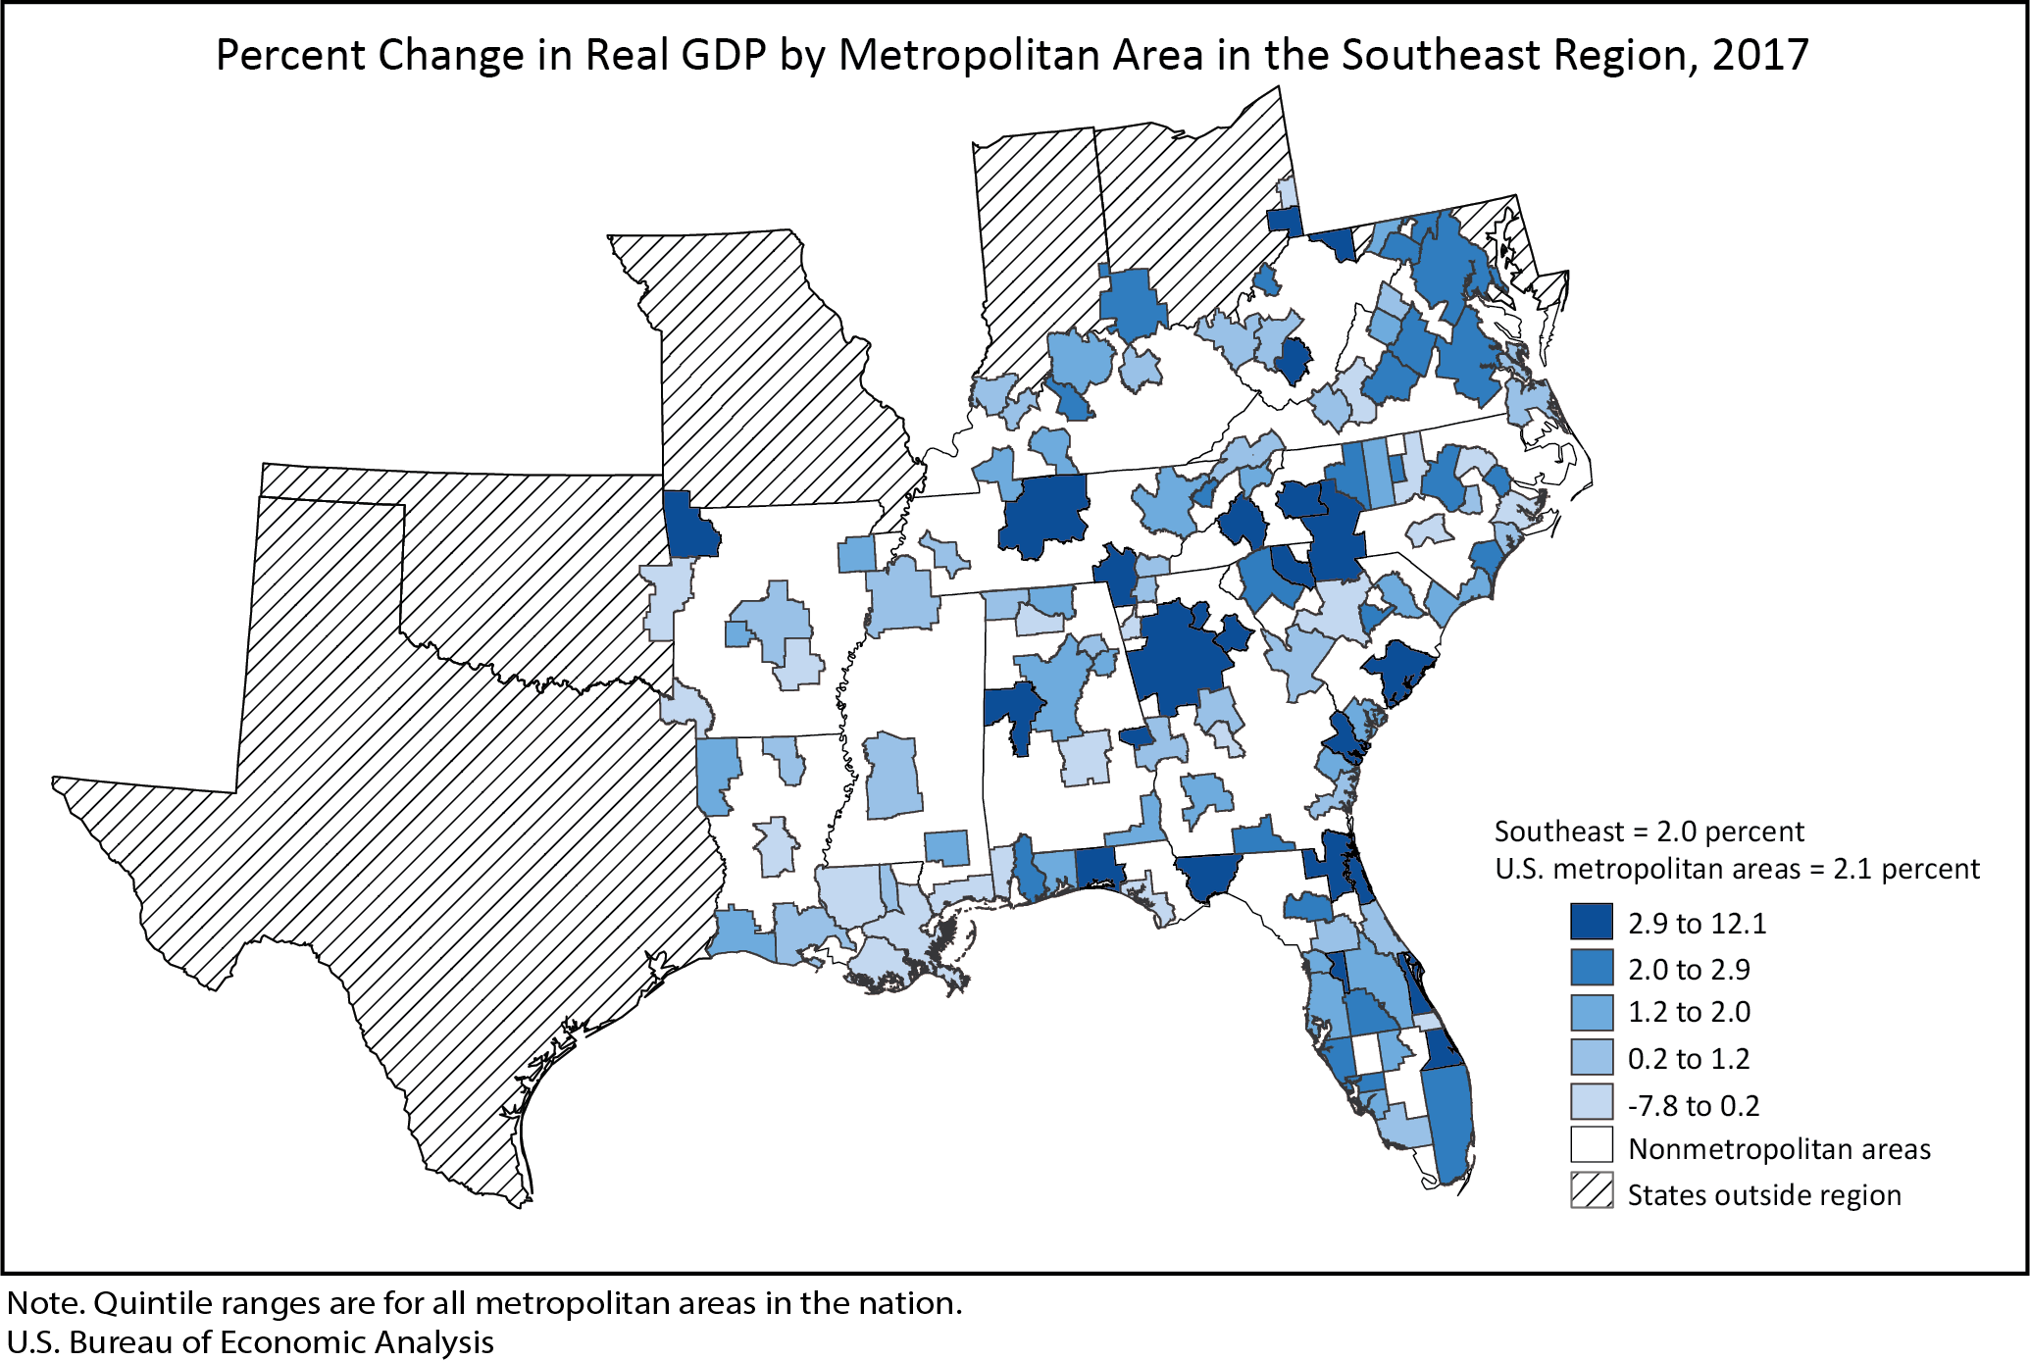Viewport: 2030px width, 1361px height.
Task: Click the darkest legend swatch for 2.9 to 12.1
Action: pos(1591,922)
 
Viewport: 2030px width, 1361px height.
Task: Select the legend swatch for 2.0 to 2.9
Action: pos(1591,968)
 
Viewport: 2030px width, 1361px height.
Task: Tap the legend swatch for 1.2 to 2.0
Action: pos(1591,1012)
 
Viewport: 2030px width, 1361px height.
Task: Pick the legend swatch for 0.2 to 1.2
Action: pos(1591,1058)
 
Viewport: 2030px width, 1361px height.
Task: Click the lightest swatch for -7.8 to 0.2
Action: pos(1591,1102)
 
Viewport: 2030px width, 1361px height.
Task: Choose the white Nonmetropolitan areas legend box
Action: pos(1591,1146)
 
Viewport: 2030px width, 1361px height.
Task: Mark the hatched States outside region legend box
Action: pos(1591,1191)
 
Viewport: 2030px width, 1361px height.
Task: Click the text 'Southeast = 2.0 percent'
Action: pos(1648,832)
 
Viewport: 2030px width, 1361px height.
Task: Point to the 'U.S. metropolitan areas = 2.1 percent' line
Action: pos(1736,869)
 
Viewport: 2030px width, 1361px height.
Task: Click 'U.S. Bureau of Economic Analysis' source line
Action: pos(250,1341)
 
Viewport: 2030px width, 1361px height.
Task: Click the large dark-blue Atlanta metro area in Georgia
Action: pos(1177,657)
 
